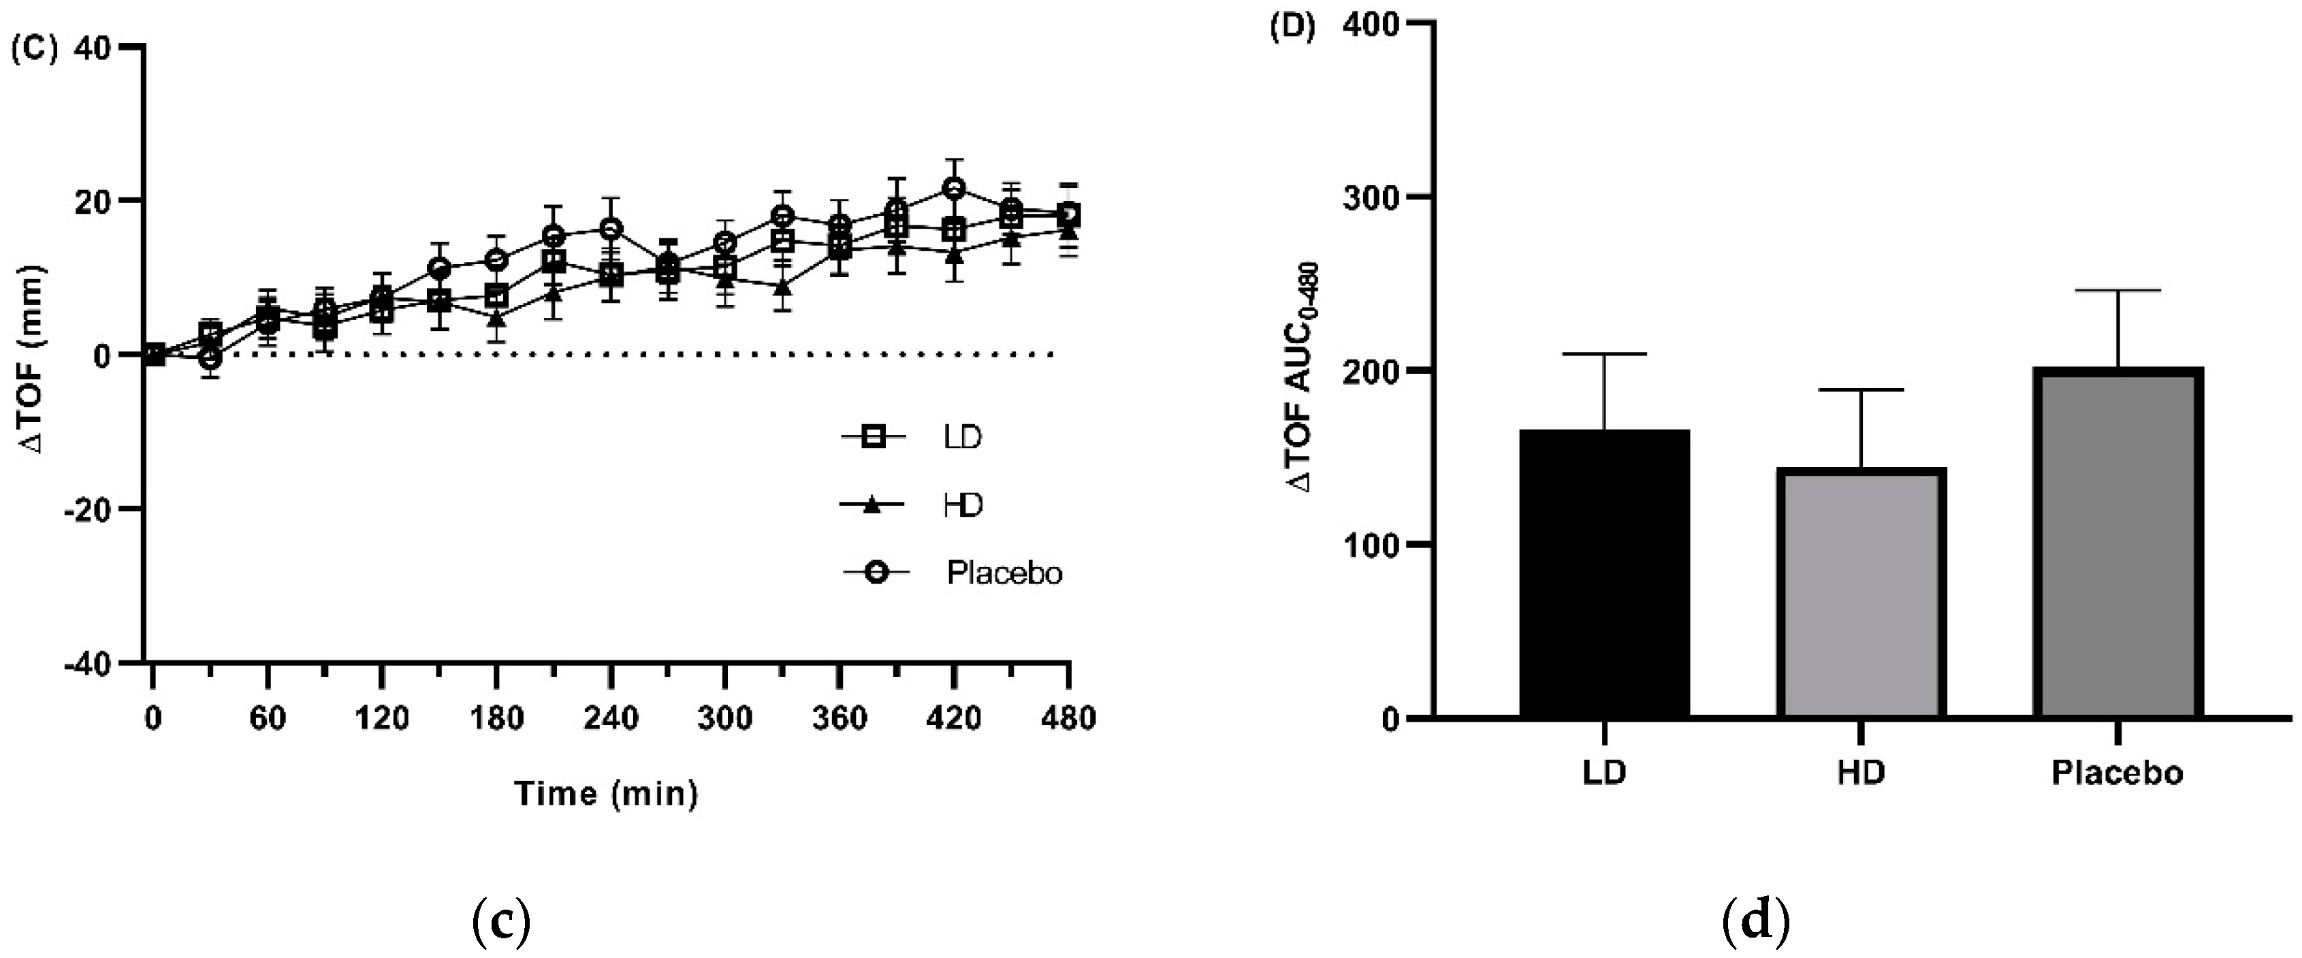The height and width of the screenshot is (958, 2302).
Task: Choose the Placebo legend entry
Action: [953, 572]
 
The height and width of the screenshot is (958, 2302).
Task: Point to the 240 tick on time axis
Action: [610, 718]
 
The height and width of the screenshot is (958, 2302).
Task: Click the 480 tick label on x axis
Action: [1068, 718]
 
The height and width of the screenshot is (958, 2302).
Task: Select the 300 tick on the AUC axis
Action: [1370, 197]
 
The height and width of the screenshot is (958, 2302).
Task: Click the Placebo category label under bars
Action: [2117, 772]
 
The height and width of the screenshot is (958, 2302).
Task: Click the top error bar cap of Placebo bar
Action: [2118, 291]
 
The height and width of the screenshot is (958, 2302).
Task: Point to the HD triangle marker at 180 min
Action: [497, 317]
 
